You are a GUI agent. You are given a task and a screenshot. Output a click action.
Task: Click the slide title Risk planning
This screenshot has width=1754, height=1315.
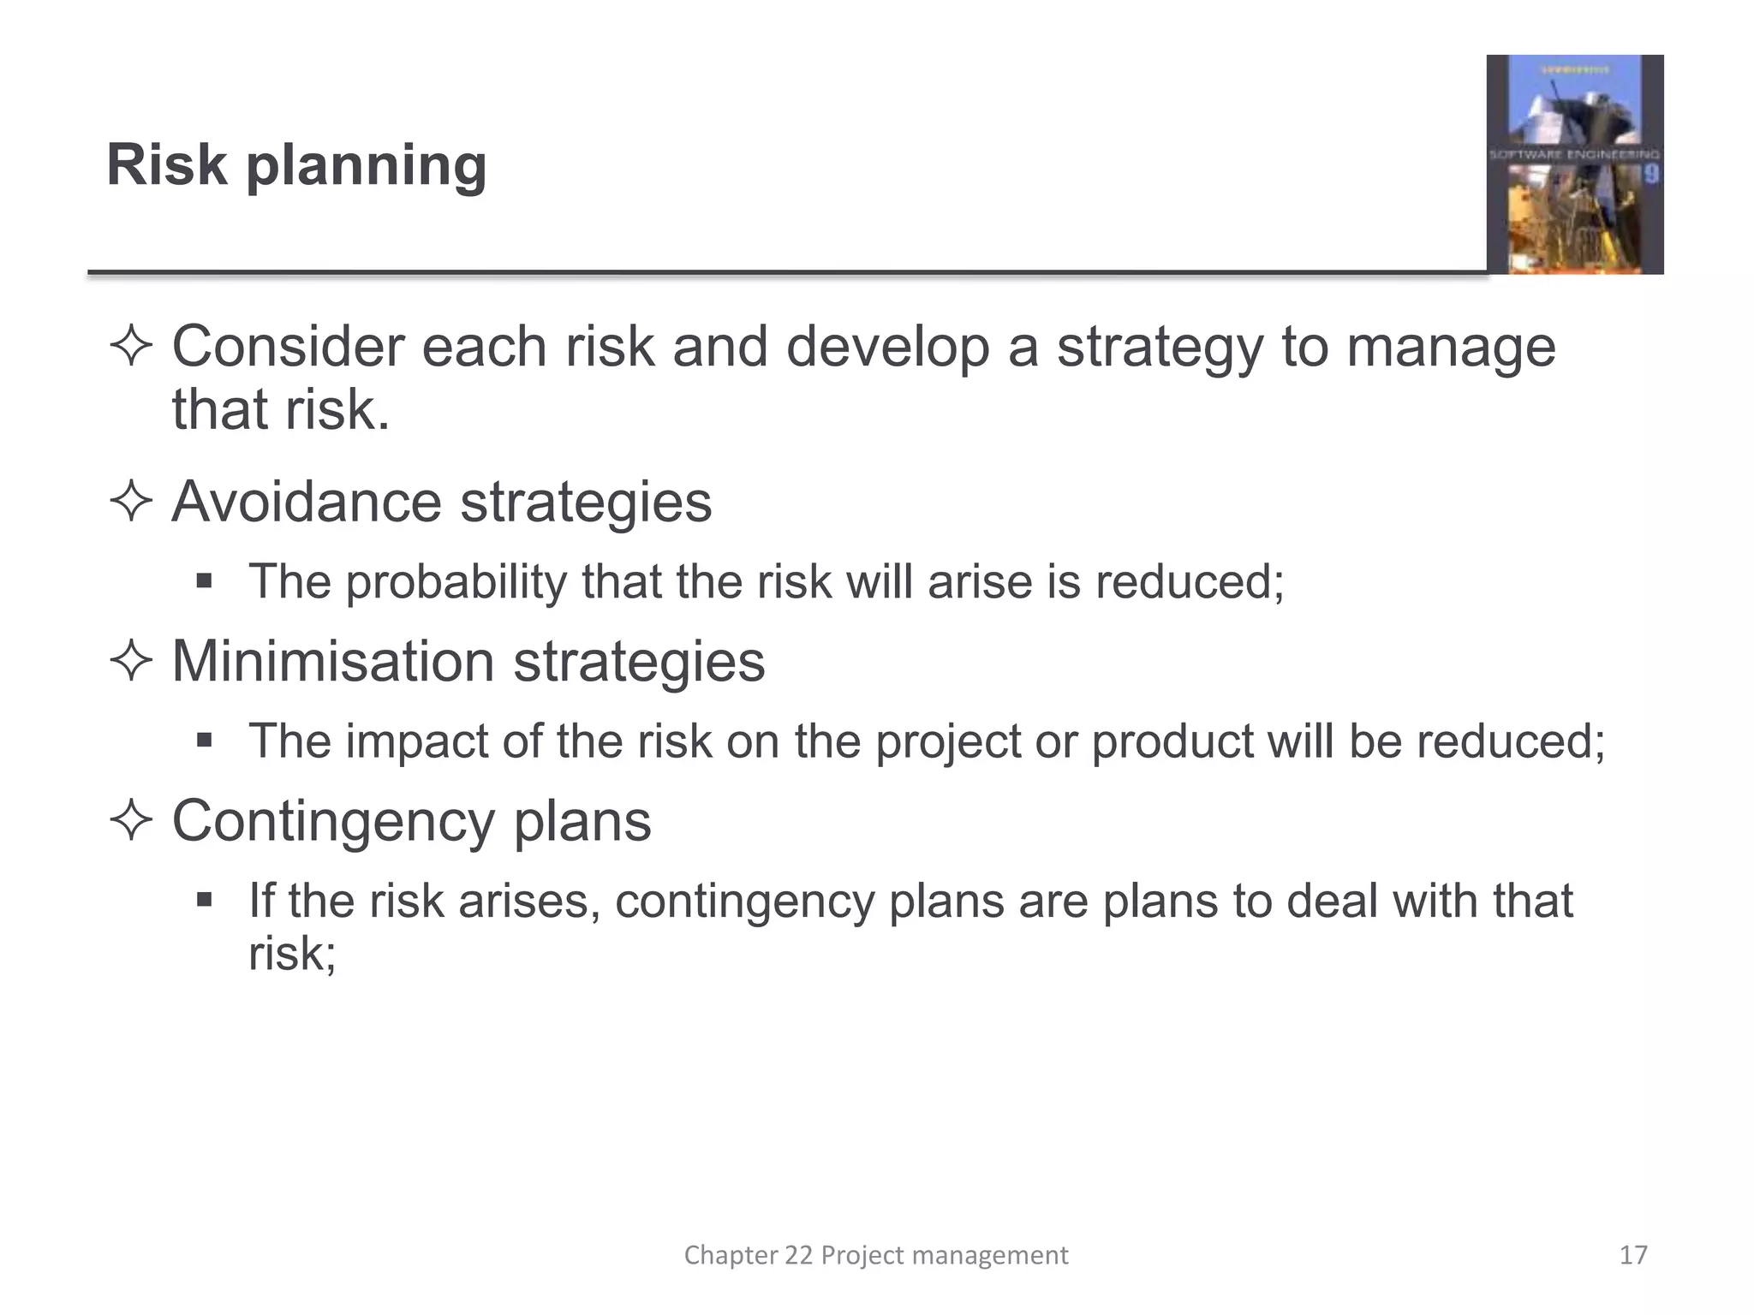[x=296, y=164]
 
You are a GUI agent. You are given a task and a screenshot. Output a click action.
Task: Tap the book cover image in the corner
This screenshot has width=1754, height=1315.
[x=1574, y=164]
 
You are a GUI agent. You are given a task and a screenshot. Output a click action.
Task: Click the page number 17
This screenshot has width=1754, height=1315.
[x=1633, y=1255]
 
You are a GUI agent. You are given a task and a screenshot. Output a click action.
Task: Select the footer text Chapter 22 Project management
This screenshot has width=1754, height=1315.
[x=875, y=1255]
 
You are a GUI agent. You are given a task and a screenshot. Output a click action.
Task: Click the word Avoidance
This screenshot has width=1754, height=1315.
[x=306, y=502]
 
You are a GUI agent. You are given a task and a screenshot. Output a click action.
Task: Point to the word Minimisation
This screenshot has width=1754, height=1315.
[x=332, y=662]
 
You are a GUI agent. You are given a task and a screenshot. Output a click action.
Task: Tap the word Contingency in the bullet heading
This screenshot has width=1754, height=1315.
[x=332, y=822]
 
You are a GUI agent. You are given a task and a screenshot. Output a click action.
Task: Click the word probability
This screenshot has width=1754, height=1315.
[x=456, y=583]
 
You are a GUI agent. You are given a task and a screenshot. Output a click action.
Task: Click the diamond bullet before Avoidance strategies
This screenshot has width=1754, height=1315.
[x=131, y=502]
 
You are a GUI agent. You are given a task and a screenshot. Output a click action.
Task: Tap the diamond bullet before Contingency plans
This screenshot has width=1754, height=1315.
[x=131, y=821]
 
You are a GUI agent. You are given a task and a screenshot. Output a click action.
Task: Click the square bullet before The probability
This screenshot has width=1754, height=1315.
[x=204, y=582]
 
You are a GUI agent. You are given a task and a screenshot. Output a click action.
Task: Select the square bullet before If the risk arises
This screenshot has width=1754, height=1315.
[x=204, y=900]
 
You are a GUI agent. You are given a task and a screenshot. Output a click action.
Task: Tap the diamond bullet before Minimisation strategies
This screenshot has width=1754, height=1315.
[x=131, y=661]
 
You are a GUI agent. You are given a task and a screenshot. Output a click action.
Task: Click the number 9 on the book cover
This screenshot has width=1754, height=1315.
[x=1650, y=175]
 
